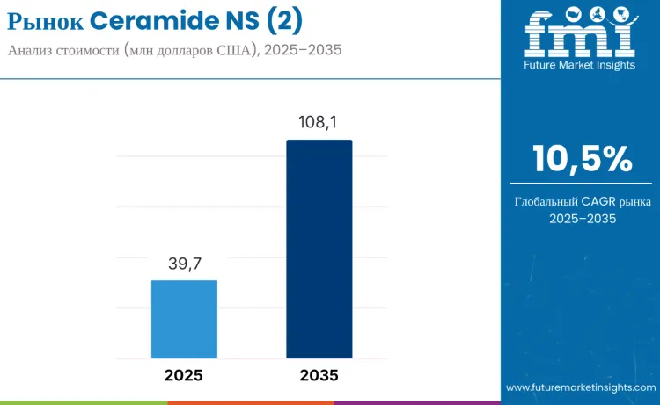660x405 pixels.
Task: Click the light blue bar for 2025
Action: pos(184,319)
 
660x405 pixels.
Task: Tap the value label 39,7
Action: pos(184,264)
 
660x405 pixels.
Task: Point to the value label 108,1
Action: pos(319,123)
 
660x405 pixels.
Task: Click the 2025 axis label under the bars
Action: pos(184,375)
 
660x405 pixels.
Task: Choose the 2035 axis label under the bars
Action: pos(319,375)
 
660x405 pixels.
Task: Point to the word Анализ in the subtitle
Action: pos(32,50)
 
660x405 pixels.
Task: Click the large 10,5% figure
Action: pos(582,159)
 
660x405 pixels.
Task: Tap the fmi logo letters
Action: pos(580,33)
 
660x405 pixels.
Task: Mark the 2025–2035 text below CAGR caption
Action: pos(582,219)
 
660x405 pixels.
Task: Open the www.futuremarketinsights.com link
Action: pos(580,387)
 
